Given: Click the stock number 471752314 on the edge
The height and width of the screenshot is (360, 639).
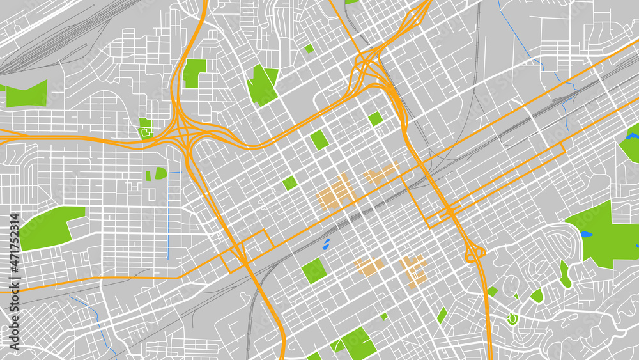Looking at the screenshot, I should pos(13,282).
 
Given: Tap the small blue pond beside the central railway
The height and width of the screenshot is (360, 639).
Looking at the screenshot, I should pos(326,244).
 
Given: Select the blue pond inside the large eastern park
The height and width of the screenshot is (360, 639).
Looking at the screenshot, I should pos(586,234).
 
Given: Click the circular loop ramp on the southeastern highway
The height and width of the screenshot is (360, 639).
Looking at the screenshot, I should pos(475,254).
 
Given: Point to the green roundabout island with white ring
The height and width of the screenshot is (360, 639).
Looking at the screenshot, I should pos(511,318).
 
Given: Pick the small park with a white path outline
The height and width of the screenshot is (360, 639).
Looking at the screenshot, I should pos(146,129).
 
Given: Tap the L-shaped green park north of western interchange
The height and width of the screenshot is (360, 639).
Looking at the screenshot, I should pos(194,73).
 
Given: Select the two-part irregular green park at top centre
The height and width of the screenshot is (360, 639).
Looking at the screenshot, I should pos(262,83).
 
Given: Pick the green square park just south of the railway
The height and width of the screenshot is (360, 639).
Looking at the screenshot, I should pos(314,270).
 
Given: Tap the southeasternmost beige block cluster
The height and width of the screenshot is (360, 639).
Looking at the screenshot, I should pos(413,270).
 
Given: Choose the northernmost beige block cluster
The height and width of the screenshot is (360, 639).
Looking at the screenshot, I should pos(381,173).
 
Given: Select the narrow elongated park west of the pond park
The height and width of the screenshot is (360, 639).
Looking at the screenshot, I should pos(565,274).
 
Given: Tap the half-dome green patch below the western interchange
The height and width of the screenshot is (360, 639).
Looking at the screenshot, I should pos(160,173).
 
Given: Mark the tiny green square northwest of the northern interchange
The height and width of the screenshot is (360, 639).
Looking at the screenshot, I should pos(309,48).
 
